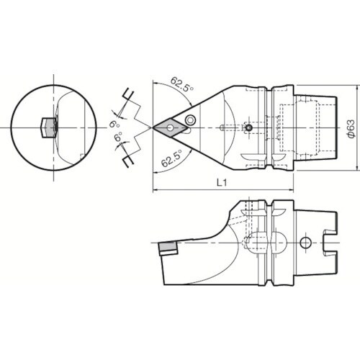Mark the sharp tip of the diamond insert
tap(153, 128)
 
